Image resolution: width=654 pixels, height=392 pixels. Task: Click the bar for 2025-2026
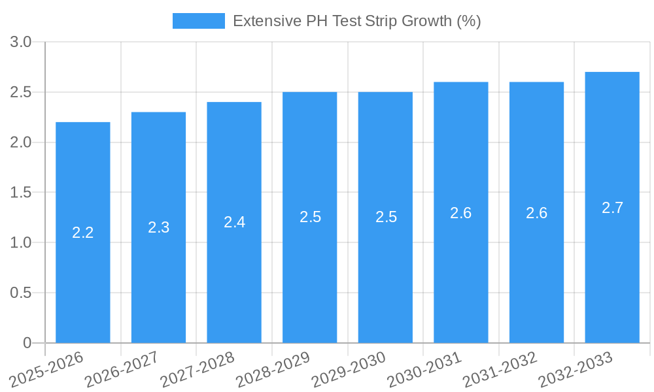83,274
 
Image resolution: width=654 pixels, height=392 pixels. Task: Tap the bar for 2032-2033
612,274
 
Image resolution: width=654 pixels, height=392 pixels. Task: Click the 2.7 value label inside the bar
612,208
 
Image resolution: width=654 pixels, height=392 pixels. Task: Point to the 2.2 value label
83,233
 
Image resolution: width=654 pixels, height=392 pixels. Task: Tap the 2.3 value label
159,227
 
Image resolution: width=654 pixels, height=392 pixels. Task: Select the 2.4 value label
234,222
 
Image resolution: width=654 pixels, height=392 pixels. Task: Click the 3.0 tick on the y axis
22,42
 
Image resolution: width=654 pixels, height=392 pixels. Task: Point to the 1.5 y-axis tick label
22,193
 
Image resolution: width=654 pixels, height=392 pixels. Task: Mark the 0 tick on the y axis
27,343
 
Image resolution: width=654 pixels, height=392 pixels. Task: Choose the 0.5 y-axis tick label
22,293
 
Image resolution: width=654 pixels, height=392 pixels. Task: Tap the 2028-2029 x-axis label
273,369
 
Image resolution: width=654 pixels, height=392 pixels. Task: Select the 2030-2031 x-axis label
424,369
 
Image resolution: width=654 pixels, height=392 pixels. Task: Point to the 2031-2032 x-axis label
500,369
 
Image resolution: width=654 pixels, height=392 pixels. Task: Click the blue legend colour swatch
198,21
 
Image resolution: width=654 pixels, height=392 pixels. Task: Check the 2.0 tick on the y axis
22,142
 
